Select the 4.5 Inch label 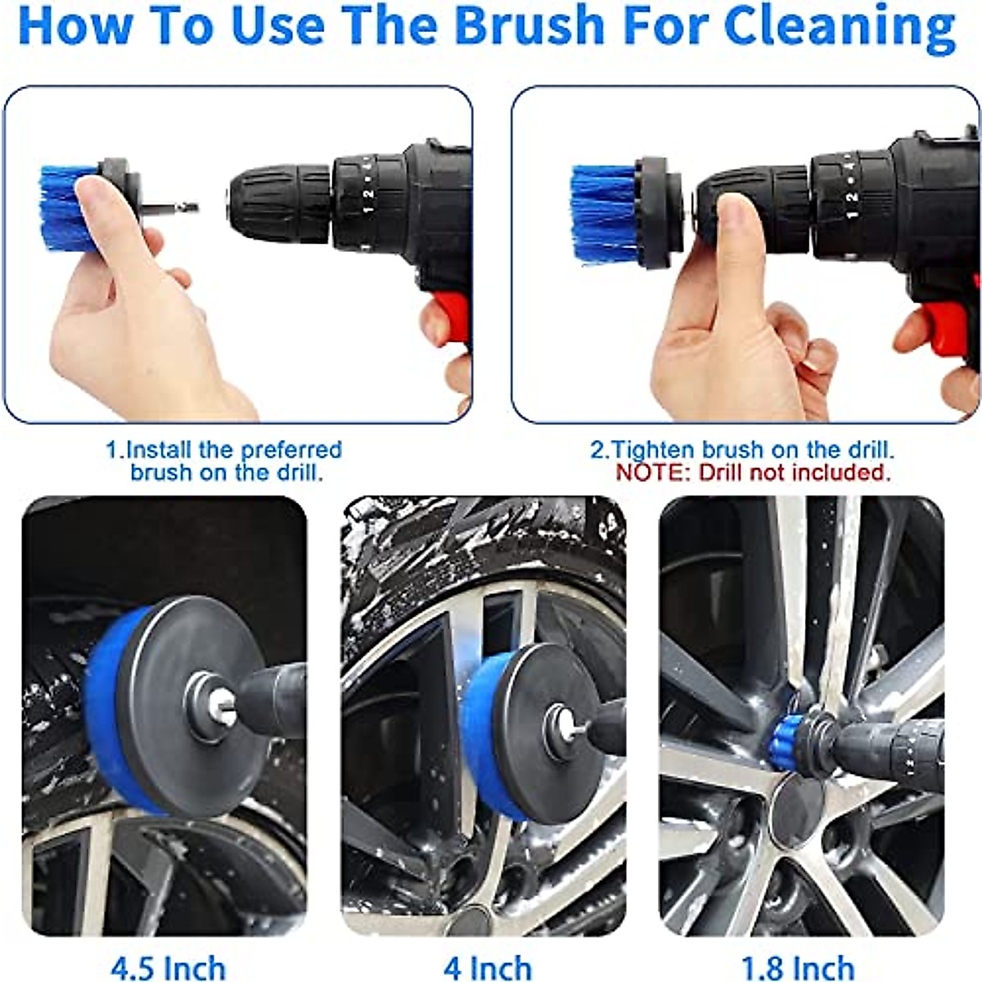click(x=168, y=968)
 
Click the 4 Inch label click(x=487, y=968)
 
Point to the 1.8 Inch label click(x=797, y=968)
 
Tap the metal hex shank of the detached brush click(x=176, y=208)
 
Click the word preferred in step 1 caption click(x=291, y=449)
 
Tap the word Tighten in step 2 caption click(x=653, y=449)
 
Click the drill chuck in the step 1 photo click(x=278, y=205)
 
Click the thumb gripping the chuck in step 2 click(x=741, y=229)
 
